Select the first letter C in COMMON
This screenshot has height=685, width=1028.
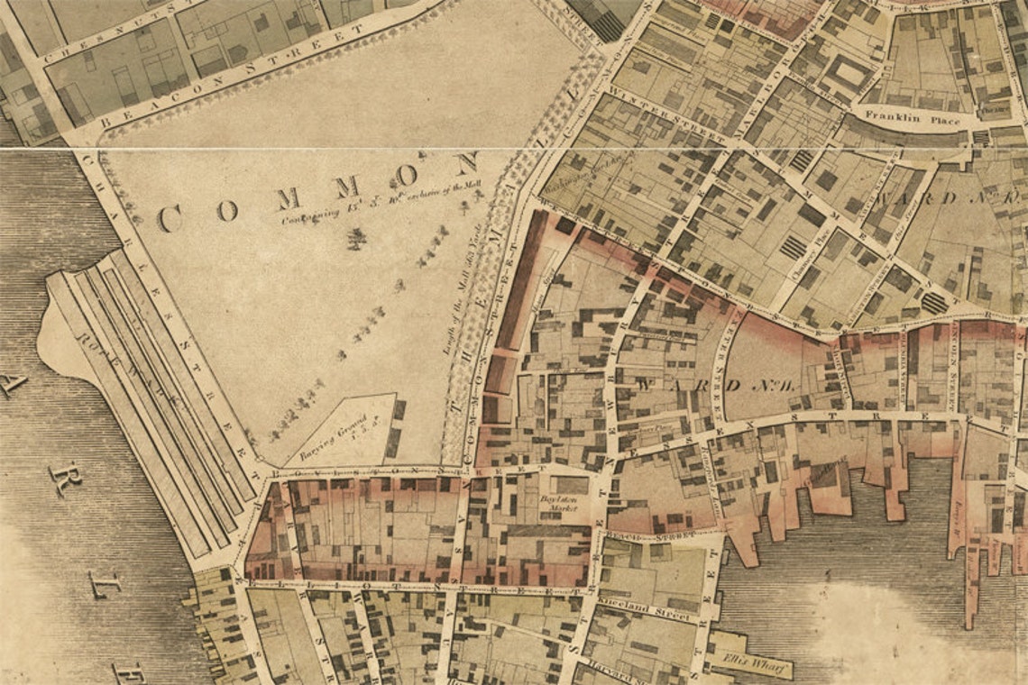(170, 217)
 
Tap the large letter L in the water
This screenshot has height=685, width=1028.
(104, 583)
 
